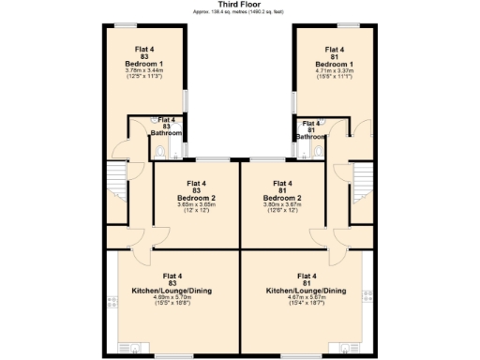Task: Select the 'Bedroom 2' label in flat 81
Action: pos(282,198)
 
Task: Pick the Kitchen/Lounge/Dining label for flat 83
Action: pos(172,291)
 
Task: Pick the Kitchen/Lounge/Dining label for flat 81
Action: pos(306,291)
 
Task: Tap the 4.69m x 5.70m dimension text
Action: pos(172,298)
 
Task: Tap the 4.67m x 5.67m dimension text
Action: pos(306,298)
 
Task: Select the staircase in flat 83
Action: pos(117,178)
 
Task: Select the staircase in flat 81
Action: pos(361,178)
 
